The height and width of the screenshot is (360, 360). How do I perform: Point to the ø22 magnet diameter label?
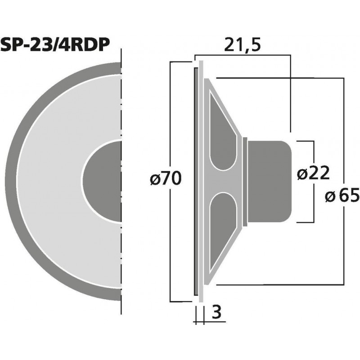(x=314, y=173)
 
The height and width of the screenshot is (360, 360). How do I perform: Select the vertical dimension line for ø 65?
(x=344, y=135)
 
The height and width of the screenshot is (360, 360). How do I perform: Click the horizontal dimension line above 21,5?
(x=243, y=55)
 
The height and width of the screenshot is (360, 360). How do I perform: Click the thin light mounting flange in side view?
(x=201, y=180)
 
